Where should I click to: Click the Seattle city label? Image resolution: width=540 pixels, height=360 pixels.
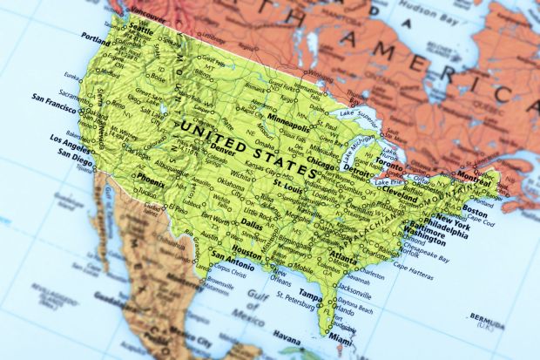coord(141,27)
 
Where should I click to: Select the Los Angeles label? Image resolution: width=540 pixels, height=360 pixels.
coord(71,139)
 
